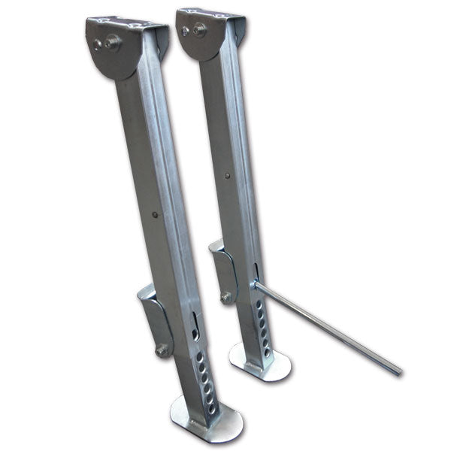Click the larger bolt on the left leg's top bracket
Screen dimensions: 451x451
pos(113,43)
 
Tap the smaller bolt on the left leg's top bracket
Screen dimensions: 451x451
pos(98,44)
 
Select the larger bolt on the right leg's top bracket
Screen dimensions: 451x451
pos(199,29)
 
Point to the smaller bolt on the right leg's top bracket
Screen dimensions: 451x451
pos(186,31)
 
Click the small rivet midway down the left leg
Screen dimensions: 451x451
pos(155,215)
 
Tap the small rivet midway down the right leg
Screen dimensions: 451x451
pos(228,177)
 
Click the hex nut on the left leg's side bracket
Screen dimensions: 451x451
pos(161,350)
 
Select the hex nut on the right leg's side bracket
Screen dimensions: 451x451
pos(225,298)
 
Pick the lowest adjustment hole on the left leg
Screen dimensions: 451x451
pos(212,410)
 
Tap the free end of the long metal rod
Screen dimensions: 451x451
pos(398,371)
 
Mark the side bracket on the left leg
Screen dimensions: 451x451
pos(155,319)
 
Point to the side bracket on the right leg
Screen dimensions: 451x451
pos(224,269)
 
